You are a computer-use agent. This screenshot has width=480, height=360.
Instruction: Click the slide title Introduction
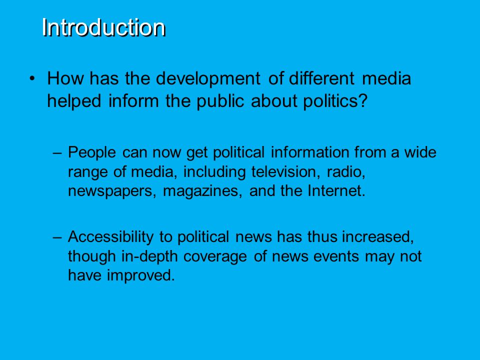coord(104,27)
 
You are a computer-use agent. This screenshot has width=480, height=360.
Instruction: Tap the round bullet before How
coord(32,78)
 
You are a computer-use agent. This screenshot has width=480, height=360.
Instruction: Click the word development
coord(208,78)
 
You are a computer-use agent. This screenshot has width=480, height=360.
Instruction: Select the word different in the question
coord(321,78)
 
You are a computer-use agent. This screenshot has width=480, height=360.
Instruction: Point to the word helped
coord(74,101)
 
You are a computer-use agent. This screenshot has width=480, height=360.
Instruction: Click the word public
coord(220,101)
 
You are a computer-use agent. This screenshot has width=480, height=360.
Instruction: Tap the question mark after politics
coord(362,100)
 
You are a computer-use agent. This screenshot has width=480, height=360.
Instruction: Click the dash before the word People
coord(57,152)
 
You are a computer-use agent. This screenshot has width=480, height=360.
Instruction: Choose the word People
coord(92,152)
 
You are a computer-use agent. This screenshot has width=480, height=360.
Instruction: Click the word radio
coord(346,171)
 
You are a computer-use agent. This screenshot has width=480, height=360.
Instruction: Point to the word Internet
coord(336,190)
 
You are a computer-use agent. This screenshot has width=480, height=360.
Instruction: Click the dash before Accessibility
coord(57,236)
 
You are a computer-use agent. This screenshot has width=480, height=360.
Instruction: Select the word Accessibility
coord(110,237)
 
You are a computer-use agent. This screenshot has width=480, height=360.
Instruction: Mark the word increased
coord(378,237)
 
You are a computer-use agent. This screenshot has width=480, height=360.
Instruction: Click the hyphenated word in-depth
coord(149,256)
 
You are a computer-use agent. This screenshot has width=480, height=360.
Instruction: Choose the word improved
coord(141,275)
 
